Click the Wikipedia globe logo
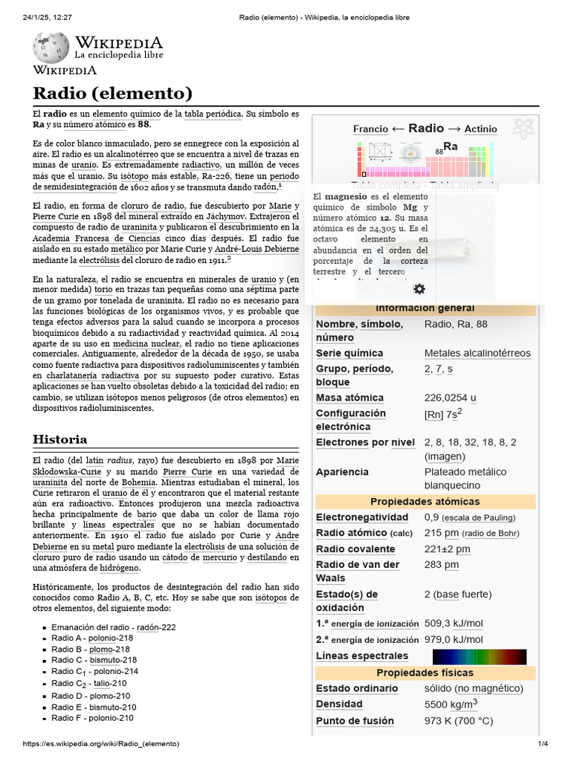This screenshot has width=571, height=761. (x=51, y=47)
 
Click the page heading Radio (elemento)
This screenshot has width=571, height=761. (x=112, y=93)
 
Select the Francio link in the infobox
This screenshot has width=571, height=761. (x=370, y=129)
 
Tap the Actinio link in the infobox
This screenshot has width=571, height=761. (x=480, y=129)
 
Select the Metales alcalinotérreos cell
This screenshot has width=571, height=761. (x=477, y=353)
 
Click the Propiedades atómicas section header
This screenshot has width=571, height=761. (x=425, y=502)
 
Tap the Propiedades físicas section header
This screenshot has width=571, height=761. (x=425, y=673)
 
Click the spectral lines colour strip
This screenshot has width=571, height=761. (x=479, y=656)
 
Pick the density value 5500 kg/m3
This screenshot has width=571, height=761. (x=451, y=704)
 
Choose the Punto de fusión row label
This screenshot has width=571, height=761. (x=355, y=721)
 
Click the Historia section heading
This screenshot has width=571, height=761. (x=60, y=439)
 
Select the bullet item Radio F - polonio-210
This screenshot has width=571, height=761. (x=92, y=718)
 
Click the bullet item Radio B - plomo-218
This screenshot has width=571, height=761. (x=90, y=649)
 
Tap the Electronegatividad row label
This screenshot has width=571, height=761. (x=362, y=517)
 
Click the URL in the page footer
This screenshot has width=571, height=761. (x=101, y=744)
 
